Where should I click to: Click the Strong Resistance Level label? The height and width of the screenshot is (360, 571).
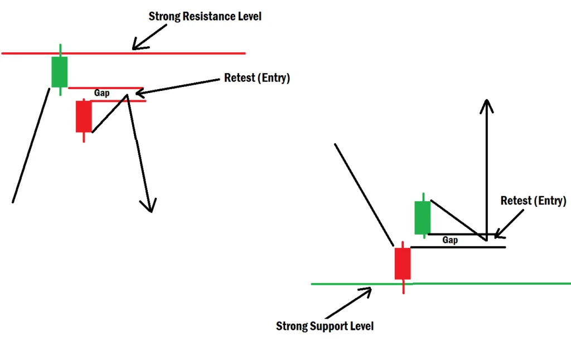click(x=205, y=16)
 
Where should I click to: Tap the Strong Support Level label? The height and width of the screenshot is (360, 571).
click(x=325, y=326)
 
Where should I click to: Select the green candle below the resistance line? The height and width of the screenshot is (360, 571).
click(x=60, y=71)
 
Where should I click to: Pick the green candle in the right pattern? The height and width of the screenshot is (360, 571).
click(x=423, y=217)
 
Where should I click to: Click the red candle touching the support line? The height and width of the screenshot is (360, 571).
click(x=403, y=264)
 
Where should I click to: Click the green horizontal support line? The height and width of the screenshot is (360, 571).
click(x=491, y=284)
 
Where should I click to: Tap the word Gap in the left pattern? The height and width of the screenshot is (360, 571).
click(x=101, y=94)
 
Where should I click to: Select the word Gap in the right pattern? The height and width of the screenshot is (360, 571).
click(x=450, y=240)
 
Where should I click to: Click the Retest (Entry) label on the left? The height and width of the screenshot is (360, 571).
click(x=257, y=78)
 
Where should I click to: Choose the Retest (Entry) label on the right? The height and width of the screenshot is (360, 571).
click(x=533, y=201)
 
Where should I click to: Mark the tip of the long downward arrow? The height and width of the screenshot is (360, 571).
click(x=149, y=211)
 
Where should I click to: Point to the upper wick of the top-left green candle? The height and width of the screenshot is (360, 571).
click(x=60, y=50)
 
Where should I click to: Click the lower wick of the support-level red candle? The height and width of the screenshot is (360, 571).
click(x=403, y=286)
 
